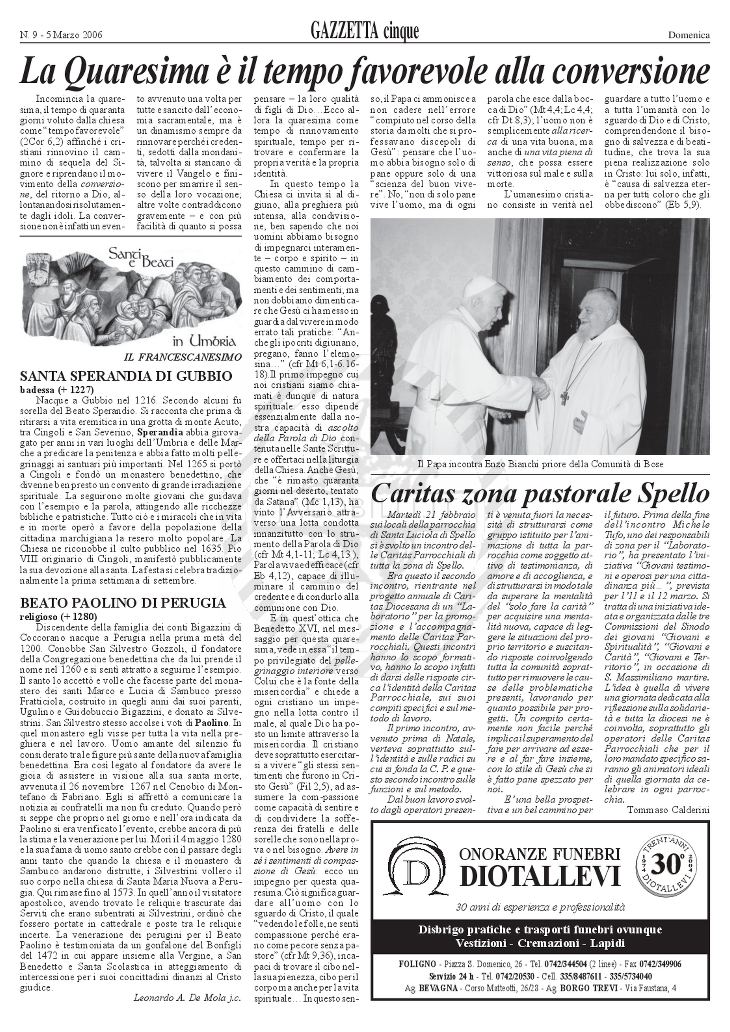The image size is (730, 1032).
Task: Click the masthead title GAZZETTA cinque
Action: click(364, 32)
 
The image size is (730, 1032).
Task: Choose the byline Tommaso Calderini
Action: click(668, 810)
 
